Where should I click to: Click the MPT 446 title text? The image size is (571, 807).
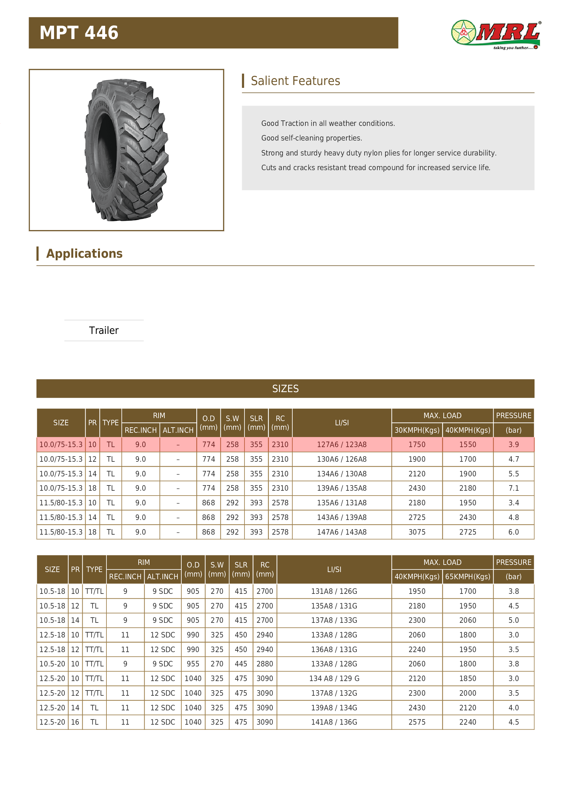point(79,33)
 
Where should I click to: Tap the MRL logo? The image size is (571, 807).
point(496,34)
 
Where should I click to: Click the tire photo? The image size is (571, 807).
point(127,150)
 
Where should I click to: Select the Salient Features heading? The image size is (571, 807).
point(295,81)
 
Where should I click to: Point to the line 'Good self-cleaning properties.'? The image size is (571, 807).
point(312,138)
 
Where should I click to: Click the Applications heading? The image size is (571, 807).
point(84,253)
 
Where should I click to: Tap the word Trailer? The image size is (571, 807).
point(104,330)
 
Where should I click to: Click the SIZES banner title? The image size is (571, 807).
point(285,389)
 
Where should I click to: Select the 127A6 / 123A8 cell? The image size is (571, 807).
point(341,445)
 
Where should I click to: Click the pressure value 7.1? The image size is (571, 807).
point(513,488)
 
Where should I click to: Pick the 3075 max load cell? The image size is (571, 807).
point(417,532)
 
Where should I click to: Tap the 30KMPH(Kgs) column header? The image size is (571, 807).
point(417,430)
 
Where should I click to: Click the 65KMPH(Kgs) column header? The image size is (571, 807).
point(467,577)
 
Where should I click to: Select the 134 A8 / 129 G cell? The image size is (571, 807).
point(334,679)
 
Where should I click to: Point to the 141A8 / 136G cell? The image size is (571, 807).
point(334,722)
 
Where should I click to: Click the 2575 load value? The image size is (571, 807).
point(417,722)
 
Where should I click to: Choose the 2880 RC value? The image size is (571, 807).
point(264,664)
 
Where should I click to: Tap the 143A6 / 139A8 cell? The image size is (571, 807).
point(341,517)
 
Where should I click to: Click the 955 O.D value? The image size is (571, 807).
point(193,664)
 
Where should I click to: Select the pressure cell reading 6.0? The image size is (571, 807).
point(513,532)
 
